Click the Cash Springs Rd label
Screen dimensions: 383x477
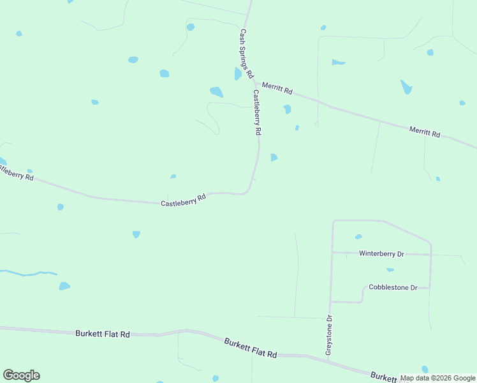coord(247,52)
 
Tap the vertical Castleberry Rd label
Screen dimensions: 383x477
coord(257,112)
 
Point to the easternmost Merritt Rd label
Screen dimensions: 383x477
coord(425,132)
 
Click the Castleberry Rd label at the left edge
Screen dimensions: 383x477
coord(15,172)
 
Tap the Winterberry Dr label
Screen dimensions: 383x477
coord(381,253)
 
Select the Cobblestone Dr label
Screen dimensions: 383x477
coord(393,288)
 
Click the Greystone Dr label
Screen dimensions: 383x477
coord(329,335)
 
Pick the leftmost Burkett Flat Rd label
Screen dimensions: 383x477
coord(102,334)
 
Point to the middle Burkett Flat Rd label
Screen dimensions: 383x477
coord(251,348)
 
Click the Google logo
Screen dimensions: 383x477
coord(21,375)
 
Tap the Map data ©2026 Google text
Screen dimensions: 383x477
coord(438,379)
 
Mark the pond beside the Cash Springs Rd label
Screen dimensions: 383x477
coord(238,74)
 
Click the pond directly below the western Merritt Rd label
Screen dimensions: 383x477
coord(287,109)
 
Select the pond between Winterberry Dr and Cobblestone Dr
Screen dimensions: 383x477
coord(390,270)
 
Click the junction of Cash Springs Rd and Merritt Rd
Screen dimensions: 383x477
coord(254,83)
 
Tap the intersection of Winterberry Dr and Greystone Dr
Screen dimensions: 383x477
coord(332,253)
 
